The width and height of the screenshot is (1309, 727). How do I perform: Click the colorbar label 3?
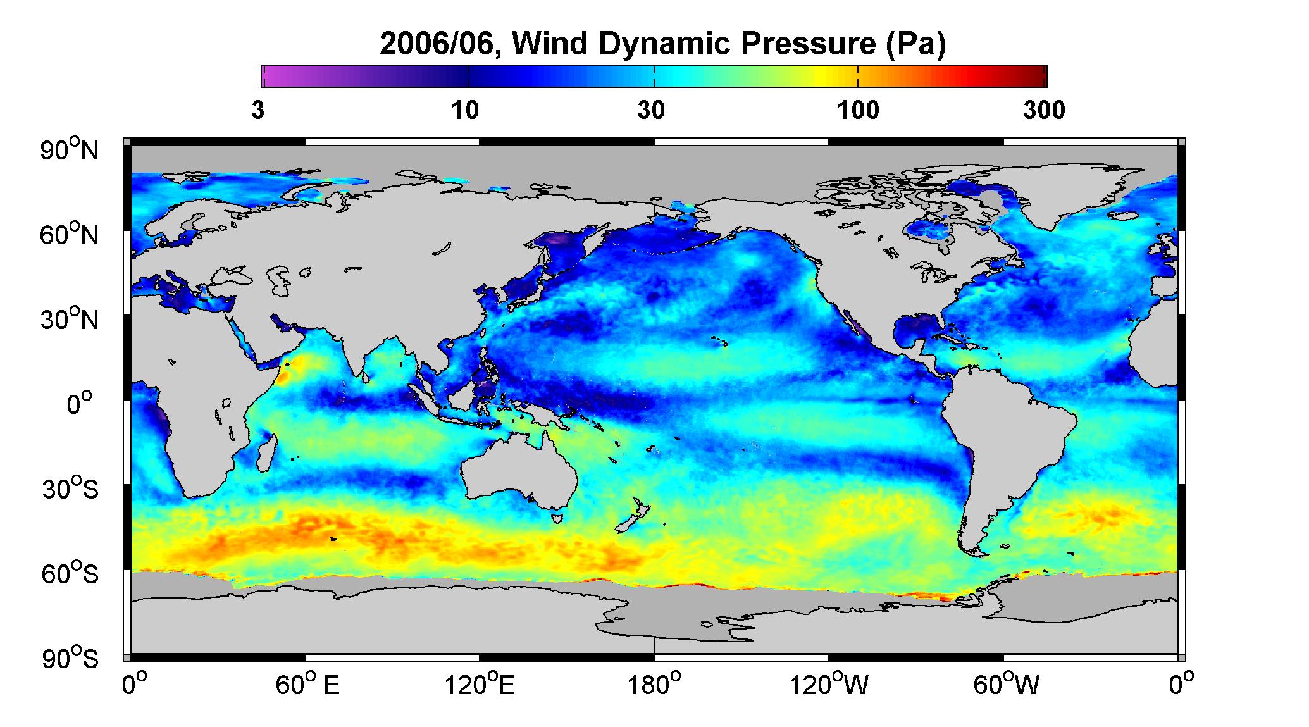[257, 111]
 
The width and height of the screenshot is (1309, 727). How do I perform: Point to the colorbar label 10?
[465, 111]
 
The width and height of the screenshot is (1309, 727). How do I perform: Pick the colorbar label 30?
[651, 111]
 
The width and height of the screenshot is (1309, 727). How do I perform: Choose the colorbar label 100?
[859, 111]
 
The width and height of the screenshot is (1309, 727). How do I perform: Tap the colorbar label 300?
[1045, 111]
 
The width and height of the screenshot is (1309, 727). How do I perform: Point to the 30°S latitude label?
[70, 488]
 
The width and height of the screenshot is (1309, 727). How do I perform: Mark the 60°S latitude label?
[70, 573]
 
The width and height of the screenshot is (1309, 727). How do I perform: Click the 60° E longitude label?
[307, 685]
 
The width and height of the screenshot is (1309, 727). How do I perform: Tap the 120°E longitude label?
[480, 685]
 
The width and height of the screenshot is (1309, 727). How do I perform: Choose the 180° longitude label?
[654, 685]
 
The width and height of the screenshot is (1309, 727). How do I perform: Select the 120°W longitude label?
[829, 685]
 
